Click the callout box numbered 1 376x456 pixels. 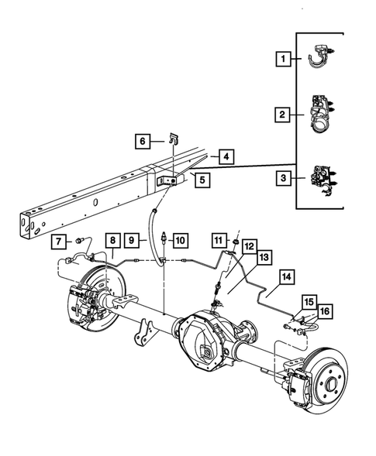284,58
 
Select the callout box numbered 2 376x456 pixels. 284,115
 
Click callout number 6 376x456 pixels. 143,141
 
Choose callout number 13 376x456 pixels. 264,257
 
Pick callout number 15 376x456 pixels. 309,300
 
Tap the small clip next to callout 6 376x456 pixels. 174,139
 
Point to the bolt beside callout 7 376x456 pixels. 78,241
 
